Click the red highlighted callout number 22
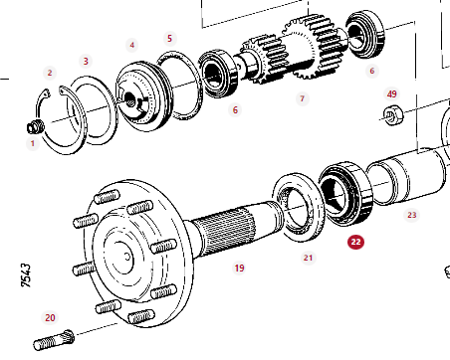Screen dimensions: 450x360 (x=355, y=242)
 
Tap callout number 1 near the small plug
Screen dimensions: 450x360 (x=33, y=143)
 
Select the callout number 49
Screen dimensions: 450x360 (x=392, y=94)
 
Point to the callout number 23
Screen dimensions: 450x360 (x=412, y=215)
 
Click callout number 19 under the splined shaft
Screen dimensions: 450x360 (x=240, y=268)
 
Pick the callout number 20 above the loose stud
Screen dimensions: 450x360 (x=50, y=318)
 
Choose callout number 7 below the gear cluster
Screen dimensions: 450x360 (x=302, y=98)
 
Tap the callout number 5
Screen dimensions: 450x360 (x=170, y=39)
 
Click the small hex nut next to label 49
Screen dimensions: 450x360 (x=393, y=115)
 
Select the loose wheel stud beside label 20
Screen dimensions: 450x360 (x=54, y=340)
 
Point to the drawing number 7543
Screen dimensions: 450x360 (x=26, y=275)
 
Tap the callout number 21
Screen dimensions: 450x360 (x=308, y=258)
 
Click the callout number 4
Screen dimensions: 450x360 (x=132, y=45)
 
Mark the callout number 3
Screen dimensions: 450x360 (x=86, y=62)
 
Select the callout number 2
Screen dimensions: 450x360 (x=50, y=73)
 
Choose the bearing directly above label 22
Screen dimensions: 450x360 (x=345, y=193)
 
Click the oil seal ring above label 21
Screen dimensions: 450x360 (x=299, y=206)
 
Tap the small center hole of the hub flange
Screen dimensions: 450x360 (x=127, y=257)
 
